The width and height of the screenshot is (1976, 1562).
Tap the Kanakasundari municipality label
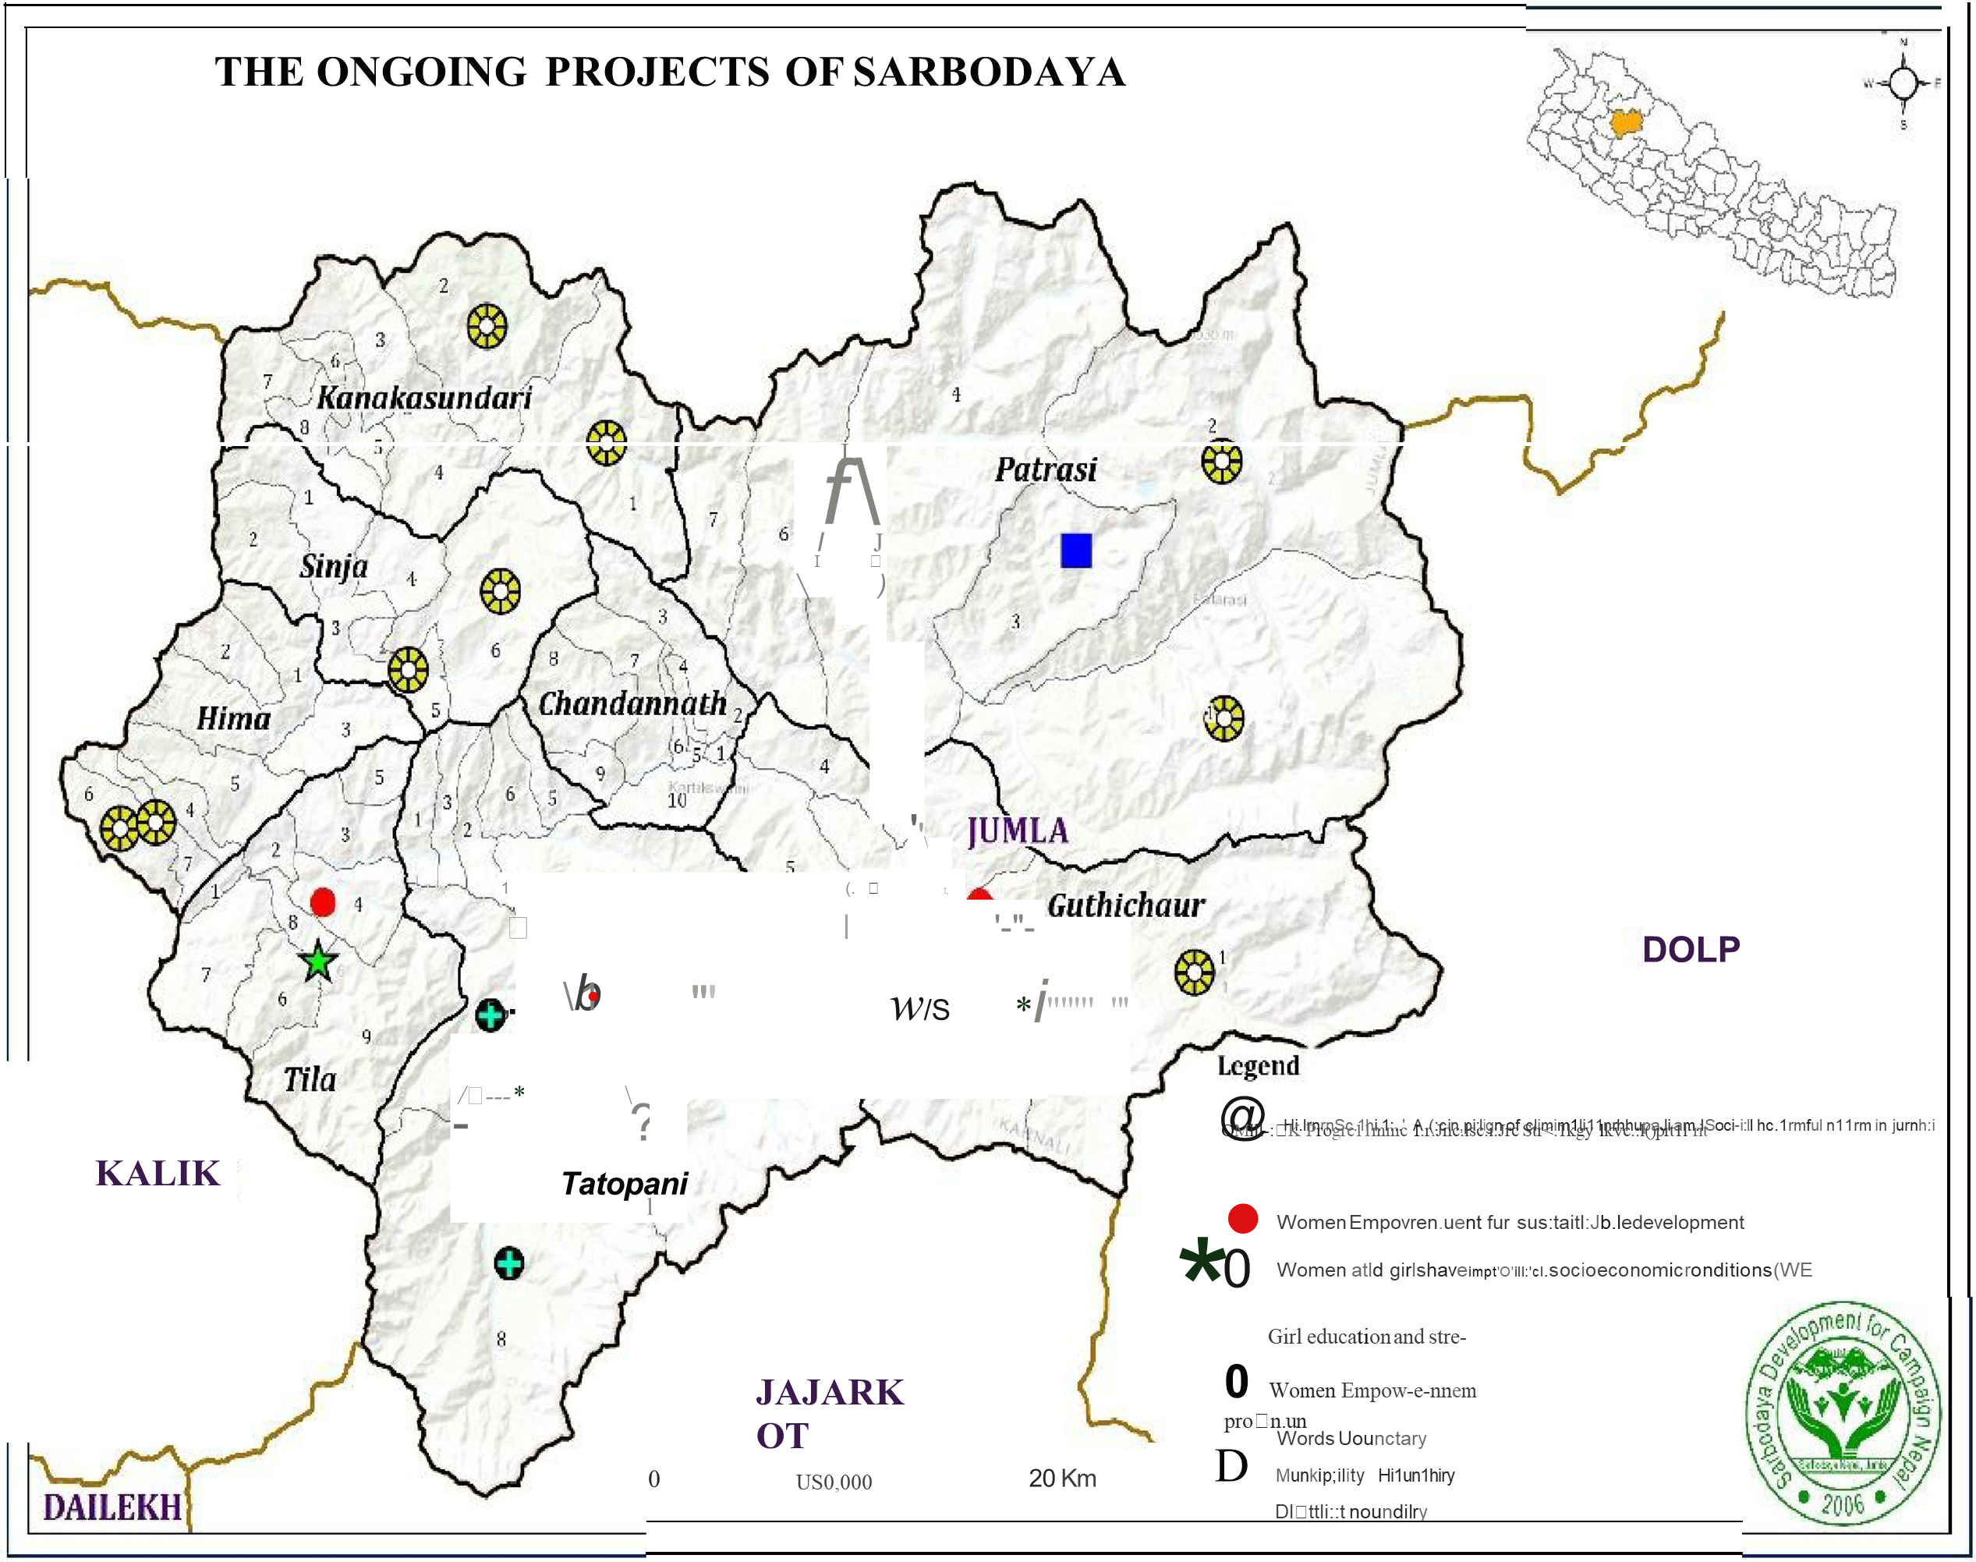pyautogui.click(x=424, y=398)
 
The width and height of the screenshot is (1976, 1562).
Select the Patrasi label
pyautogui.click(x=1045, y=470)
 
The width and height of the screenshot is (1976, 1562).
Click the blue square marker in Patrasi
pyautogui.click(x=1076, y=551)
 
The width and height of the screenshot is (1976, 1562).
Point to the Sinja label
pyautogui.click(x=334, y=567)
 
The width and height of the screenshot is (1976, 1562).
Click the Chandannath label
pyautogui.click(x=632, y=703)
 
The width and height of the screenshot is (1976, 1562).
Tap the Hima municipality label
pyautogui.click(x=233, y=719)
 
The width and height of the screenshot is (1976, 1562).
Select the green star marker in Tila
pyautogui.click(x=318, y=962)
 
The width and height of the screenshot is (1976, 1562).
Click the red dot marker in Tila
pyautogui.click(x=323, y=902)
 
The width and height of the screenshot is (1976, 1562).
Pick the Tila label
pyautogui.click(x=309, y=1080)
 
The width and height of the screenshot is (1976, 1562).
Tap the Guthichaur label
pyautogui.click(x=1125, y=905)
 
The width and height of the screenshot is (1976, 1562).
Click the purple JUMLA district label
pyautogui.click(x=1018, y=831)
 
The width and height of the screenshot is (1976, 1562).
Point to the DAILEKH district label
pyautogui.click(x=112, y=1508)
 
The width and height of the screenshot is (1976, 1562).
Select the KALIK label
pyautogui.click(x=158, y=1174)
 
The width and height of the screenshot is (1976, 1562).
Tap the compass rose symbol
pyautogui.click(x=1903, y=83)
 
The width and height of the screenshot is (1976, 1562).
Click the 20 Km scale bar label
pyautogui.click(x=1061, y=1479)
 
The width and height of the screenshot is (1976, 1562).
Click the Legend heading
pyautogui.click(x=1259, y=1065)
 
